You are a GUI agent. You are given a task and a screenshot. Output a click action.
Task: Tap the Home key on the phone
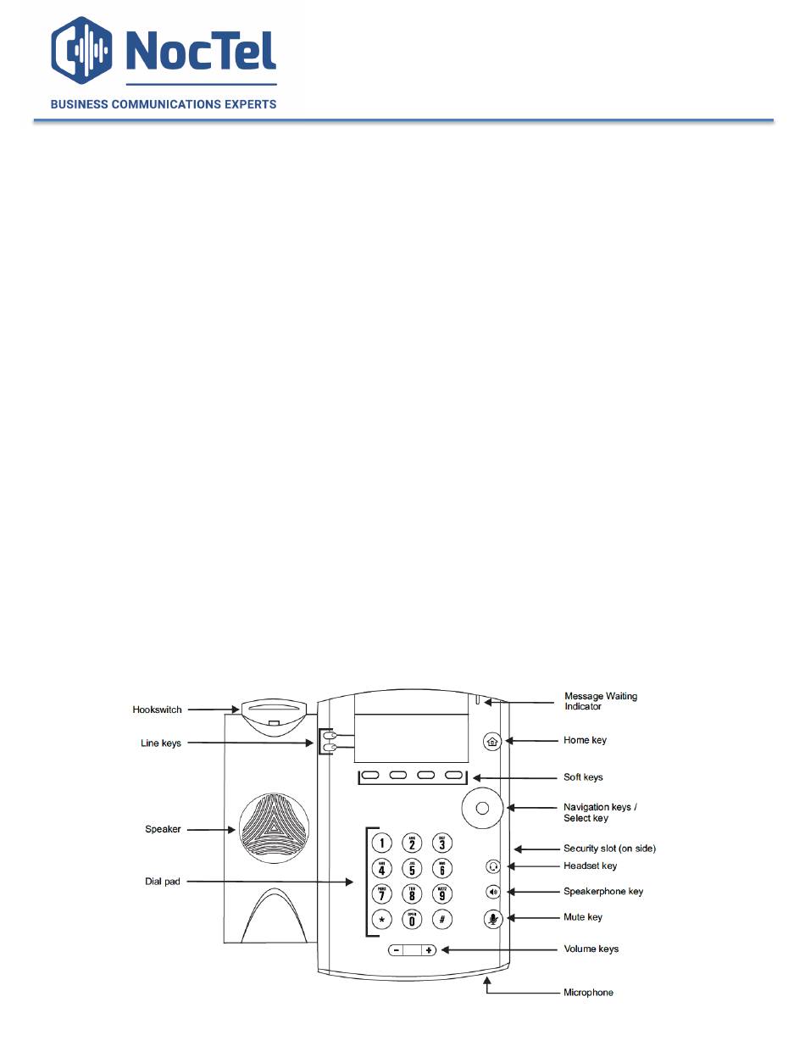coord(492,741)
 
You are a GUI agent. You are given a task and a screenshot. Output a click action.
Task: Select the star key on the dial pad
coord(382,920)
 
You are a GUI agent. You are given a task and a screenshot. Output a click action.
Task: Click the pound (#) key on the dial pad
coord(441,920)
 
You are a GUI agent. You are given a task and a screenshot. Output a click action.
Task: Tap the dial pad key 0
coord(412,920)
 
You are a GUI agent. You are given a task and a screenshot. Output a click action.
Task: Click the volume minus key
coord(397,950)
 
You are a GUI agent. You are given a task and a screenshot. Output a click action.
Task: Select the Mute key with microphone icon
coord(494,918)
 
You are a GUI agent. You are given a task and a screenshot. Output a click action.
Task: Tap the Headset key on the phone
coord(494,866)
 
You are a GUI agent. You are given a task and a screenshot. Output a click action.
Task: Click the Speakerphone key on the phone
coord(494,892)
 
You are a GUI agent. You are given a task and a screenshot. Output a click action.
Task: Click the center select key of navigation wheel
coord(481,808)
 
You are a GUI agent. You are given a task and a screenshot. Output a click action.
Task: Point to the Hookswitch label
coord(158,710)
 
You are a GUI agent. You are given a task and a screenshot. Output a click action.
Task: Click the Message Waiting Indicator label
coord(601,701)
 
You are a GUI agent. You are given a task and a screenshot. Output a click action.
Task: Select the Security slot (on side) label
coord(609,849)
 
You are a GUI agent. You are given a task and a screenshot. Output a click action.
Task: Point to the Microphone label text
coord(588,993)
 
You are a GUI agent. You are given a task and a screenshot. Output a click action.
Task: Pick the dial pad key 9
coord(441,893)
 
